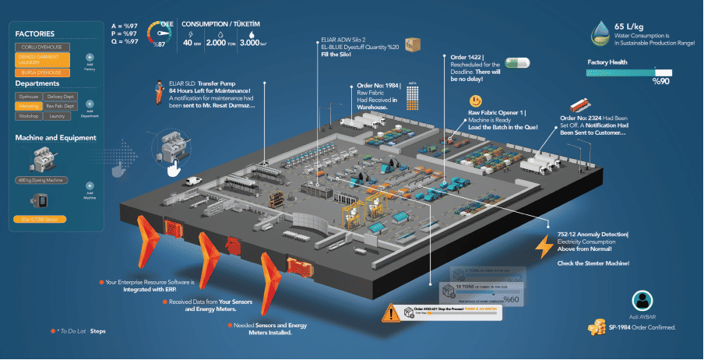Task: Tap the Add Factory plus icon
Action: pos(90,58)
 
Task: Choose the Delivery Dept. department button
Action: pos(60,96)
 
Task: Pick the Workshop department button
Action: pos(29,115)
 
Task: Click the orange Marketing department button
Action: pos(29,105)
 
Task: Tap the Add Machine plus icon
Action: pos(90,186)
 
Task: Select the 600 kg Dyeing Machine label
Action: pos(40,181)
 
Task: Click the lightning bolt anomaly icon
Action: pos(544,246)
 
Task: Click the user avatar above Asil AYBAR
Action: pos(642,301)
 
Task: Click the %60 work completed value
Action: pos(511,298)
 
